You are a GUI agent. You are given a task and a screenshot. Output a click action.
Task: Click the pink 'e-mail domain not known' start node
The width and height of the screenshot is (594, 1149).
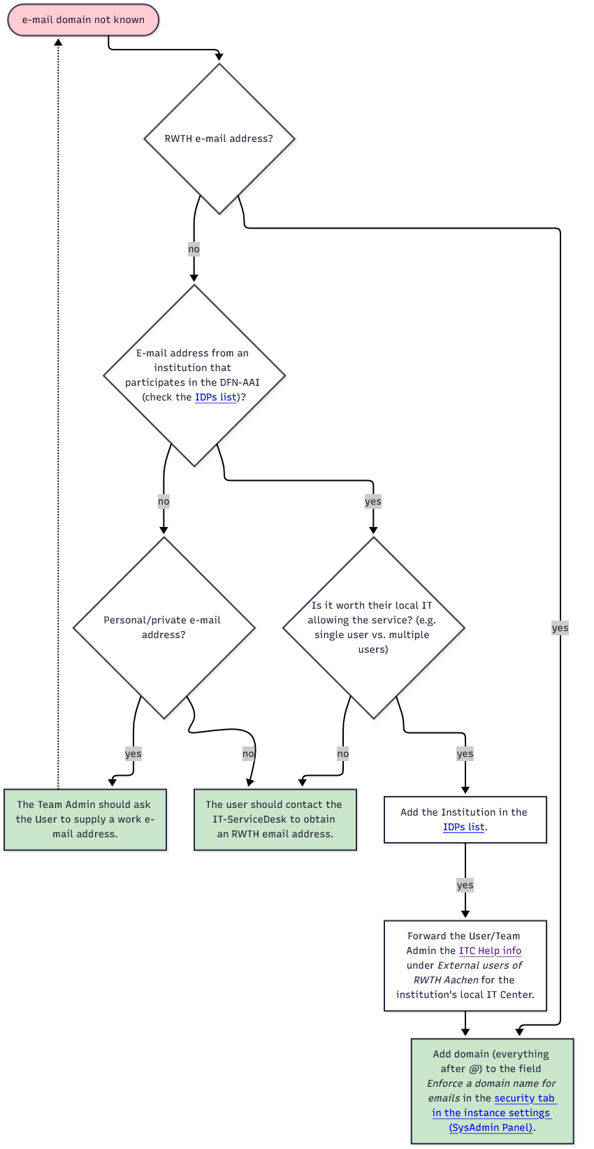point(83,20)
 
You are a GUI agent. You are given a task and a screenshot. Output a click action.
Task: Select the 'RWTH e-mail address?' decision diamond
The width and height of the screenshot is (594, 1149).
point(219,138)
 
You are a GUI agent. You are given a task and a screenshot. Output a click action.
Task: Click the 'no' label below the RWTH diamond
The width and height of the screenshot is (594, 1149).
point(194,249)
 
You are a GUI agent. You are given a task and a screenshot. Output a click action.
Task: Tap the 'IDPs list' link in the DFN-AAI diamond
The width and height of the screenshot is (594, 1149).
point(216,397)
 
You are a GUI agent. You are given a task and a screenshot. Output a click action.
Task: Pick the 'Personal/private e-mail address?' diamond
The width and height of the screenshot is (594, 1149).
point(164,627)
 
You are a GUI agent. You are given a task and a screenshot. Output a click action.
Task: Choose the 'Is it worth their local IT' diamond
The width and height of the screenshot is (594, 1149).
point(373,627)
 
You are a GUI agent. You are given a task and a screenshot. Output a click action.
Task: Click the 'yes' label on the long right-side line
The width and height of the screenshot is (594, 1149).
point(560,628)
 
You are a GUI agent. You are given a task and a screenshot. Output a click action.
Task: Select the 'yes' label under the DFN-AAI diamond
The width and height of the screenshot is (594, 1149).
point(373,501)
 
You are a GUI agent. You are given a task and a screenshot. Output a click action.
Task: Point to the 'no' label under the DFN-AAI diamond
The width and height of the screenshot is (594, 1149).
point(164,501)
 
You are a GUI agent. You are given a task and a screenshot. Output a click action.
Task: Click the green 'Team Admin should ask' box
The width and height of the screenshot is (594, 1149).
point(85,819)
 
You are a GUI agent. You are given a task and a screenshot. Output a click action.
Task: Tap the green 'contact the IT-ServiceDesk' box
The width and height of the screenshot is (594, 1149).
point(275,819)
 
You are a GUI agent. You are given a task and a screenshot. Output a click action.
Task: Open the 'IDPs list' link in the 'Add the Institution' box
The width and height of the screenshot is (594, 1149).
point(463,827)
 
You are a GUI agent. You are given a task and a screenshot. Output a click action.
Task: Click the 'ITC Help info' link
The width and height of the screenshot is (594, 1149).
point(490,951)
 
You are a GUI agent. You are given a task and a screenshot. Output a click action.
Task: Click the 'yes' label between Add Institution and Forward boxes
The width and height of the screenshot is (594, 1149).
point(465,885)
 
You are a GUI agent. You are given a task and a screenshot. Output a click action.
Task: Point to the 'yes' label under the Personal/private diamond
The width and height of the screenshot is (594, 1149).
point(133,753)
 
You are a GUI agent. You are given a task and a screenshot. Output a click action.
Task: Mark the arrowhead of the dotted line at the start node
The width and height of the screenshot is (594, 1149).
point(58,43)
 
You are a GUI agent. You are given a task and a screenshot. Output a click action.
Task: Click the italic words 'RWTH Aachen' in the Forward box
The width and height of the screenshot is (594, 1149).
point(446,980)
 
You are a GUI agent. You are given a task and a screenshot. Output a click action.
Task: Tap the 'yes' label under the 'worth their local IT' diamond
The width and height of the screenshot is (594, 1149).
point(465,753)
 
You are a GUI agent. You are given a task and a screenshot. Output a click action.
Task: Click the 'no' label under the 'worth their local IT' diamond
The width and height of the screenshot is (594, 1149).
point(342,753)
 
